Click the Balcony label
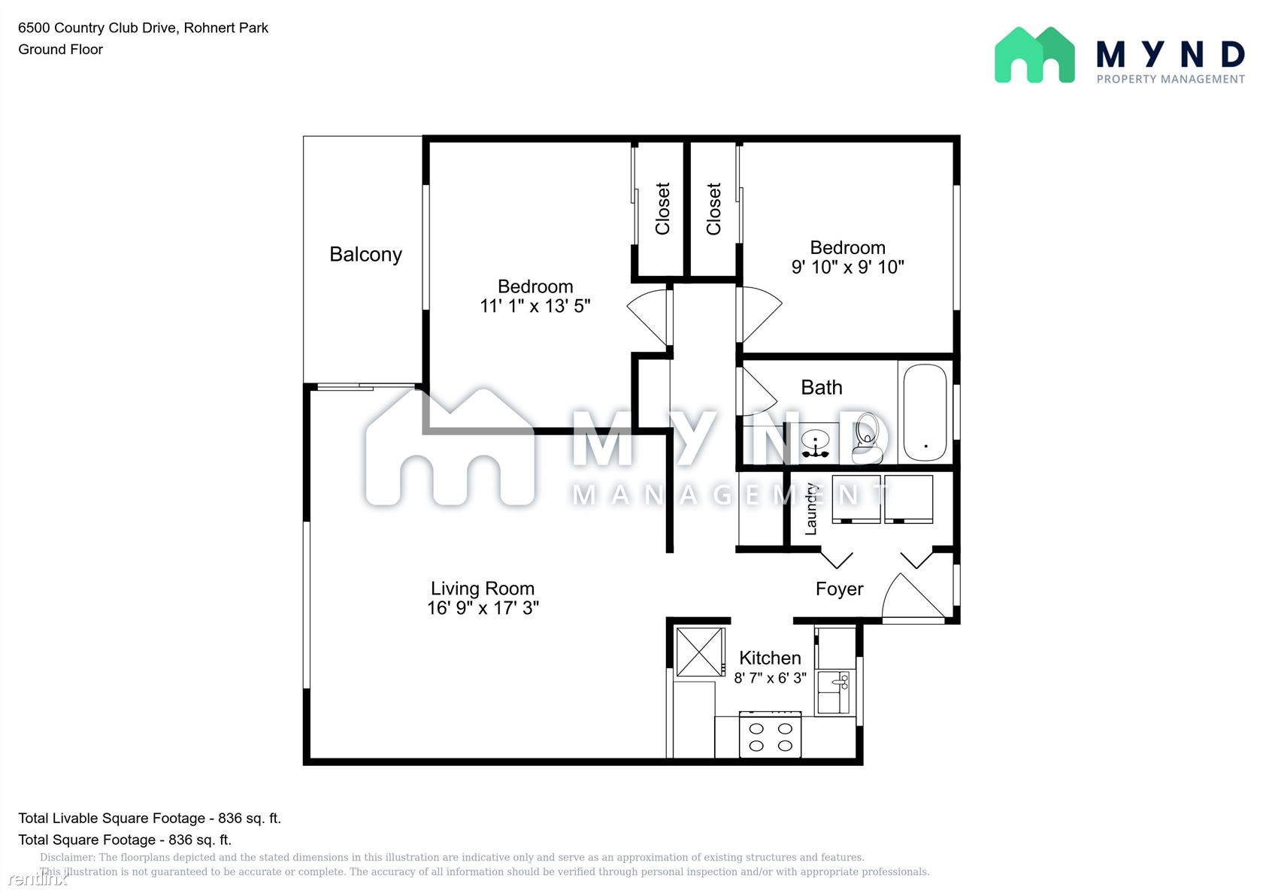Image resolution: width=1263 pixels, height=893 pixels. click(365, 254)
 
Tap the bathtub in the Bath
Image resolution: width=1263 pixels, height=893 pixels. click(925, 412)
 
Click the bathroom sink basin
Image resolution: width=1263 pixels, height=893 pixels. click(815, 440)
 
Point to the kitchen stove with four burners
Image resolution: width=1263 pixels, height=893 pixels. click(770, 734)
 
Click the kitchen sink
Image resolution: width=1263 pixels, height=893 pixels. click(833, 692)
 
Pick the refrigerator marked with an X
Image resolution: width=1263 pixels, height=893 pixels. click(700, 652)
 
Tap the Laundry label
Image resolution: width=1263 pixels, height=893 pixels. click(810, 508)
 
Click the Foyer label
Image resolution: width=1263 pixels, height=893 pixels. click(839, 589)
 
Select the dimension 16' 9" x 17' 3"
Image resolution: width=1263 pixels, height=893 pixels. click(483, 607)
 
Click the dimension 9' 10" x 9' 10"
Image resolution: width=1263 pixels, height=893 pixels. click(847, 267)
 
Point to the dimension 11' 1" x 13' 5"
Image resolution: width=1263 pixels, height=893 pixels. click(535, 305)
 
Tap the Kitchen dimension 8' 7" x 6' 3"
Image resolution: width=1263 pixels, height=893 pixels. click(770, 678)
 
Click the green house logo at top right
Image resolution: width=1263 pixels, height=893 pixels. click(1034, 55)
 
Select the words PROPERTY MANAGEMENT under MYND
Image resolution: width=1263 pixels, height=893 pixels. click(1170, 79)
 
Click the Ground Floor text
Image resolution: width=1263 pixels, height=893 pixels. click(60, 50)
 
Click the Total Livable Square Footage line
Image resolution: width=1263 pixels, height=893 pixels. click(150, 818)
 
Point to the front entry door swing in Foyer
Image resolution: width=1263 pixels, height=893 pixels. click(914, 596)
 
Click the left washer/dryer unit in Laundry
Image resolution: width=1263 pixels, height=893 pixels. click(856, 499)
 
